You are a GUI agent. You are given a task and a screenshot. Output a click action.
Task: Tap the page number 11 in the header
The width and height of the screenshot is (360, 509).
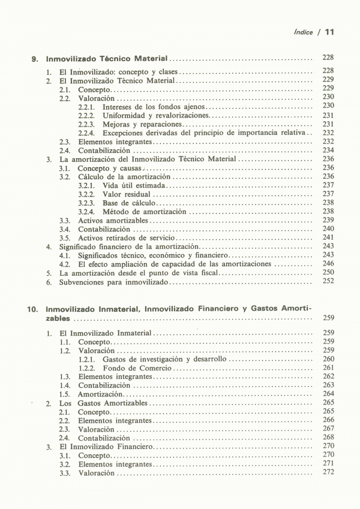329,32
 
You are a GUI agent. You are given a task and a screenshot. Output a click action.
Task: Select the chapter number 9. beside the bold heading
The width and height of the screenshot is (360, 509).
35,60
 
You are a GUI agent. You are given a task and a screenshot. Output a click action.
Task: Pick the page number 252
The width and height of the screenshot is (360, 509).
328,281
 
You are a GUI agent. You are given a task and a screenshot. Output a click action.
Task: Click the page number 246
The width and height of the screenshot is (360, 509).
328,264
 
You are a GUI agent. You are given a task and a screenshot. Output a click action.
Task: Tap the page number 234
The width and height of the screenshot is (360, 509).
328,150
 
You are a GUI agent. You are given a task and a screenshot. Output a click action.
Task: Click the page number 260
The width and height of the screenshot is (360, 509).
328,359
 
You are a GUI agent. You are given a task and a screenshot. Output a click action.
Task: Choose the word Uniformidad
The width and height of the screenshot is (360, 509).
127,116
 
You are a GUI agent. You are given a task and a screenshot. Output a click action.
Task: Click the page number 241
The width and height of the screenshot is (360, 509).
328,237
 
